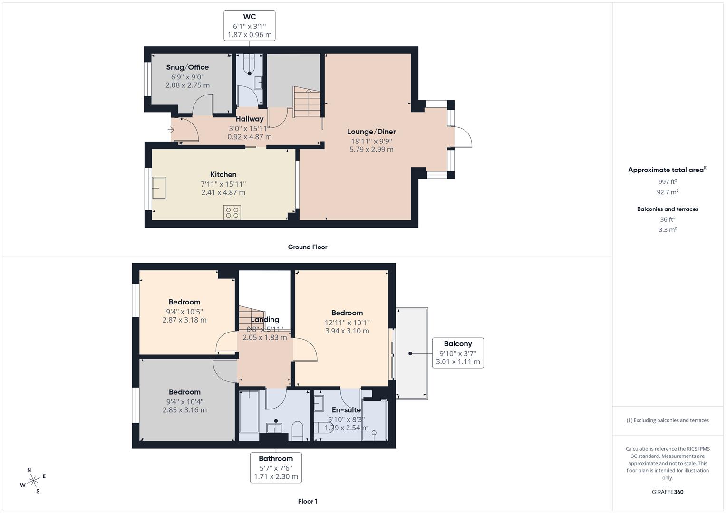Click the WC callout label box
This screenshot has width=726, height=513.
tap(249, 26)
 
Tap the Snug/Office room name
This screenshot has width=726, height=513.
tap(187, 67)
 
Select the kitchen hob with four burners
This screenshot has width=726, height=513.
tap(232, 212)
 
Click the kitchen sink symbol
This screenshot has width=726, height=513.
tap(159, 188)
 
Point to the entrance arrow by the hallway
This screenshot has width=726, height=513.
tap(171, 129)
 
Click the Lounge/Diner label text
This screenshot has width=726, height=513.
tap(371, 132)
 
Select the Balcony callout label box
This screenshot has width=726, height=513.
tap(457, 352)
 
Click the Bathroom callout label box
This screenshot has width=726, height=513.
tap(276, 467)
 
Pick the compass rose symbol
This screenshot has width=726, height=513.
tap(33, 481)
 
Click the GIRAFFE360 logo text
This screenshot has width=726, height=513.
tap(668, 492)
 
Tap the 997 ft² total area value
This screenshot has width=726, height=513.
tap(668, 182)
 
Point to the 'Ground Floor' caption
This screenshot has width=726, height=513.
tap(308, 247)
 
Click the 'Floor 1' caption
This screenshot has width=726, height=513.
tap(308, 501)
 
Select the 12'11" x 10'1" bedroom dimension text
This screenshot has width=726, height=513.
tap(347, 323)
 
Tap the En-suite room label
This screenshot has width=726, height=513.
tap(346, 410)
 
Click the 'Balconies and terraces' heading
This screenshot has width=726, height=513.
tap(668, 209)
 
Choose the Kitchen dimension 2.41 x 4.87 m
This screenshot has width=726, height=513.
tap(223, 192)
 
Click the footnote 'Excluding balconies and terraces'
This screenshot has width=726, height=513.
tap(668, 420)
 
